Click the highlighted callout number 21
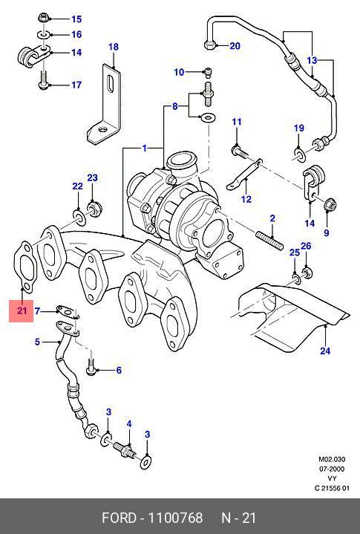coord(22,310)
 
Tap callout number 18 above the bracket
coord(114,47)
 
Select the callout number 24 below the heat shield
coord(325,351)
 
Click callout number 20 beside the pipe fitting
coord(235,45)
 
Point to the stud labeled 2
coord(269,240)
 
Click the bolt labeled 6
coord(91,367)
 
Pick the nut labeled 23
coord(95,208)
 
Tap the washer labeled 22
coord(79,218)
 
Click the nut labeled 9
coord(330,204)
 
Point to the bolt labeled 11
coord(240,152)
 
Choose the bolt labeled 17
coord(43,81)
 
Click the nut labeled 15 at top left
coord(44,17)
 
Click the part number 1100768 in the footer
coord(175,518)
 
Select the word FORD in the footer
coord(119,518)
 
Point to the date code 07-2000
coord(331,469)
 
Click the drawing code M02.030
coord(332,459)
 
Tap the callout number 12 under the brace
coord(246,199)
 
